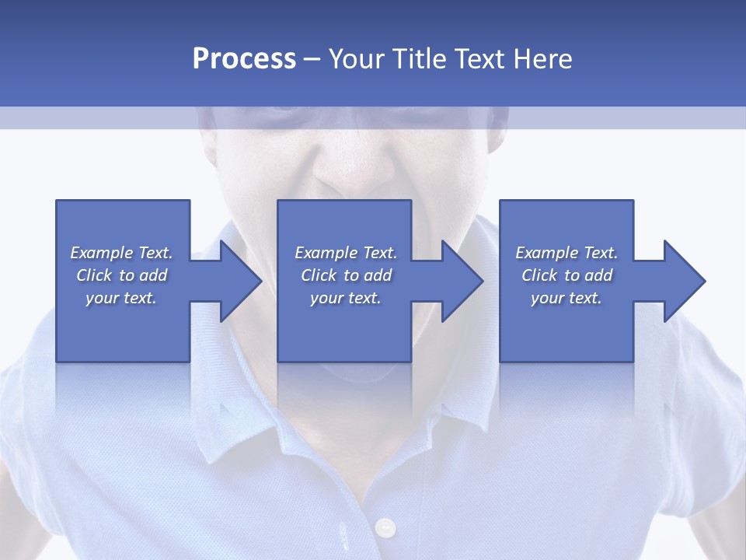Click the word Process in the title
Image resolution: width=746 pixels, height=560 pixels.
[x=244, y=59]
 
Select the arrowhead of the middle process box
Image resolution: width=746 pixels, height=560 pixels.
[x=462, y=281]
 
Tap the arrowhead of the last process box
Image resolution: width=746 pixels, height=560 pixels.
[x=684, y=281]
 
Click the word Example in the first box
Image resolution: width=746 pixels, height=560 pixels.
[x=102, y=253]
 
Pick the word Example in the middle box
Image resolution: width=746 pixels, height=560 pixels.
[x=326, y=253]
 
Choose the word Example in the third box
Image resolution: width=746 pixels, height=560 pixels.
[x=547, y=253]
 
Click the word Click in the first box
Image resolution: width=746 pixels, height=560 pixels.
[x=94, y=275]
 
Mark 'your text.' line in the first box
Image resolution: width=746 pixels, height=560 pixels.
[x=121, y=298]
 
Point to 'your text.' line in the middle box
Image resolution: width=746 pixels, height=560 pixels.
[x=345, y=298]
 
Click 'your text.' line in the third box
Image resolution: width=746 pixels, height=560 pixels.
[x=566, y=298]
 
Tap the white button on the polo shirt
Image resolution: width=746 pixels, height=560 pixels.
[x=385, y=528]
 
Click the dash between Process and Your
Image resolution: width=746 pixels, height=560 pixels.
[x=312, y=59]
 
